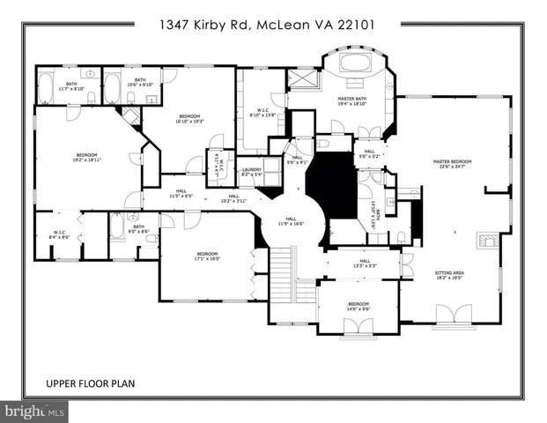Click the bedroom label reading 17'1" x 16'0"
(x=207, y=256)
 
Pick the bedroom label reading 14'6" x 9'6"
(x=358, y=307)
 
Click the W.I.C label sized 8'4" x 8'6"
(x=59, y=234)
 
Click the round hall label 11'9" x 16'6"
(x=291, y=223)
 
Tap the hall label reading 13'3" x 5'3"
(x=364, y=263)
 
